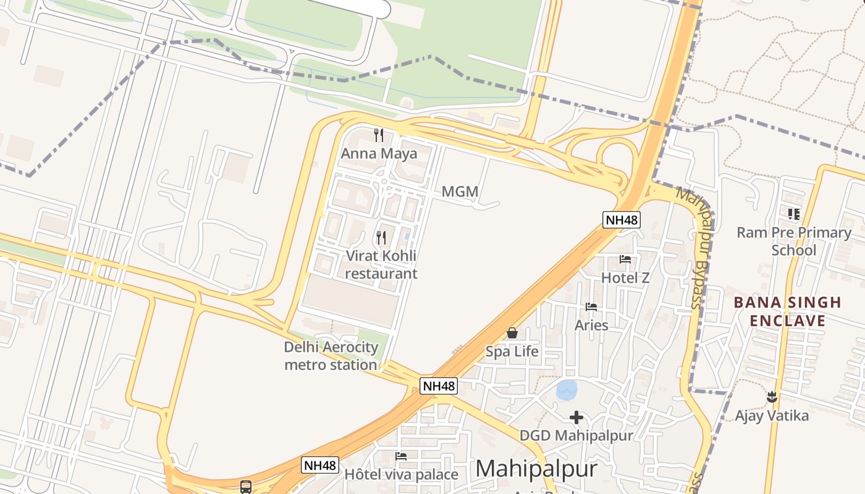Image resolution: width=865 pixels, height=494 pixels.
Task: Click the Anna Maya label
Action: click(379, 153)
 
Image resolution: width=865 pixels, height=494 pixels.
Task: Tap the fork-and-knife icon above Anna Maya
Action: click(379, 135)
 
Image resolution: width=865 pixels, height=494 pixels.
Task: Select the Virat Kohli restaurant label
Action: click(381, 264)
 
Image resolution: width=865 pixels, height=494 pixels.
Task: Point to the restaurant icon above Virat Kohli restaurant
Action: click(381, 237)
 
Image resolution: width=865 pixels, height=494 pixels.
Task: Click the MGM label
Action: click(460, 192)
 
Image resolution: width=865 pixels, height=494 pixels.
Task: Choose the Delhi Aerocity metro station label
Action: click(331, 356)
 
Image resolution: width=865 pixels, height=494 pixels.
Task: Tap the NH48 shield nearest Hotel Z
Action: click(622, 219)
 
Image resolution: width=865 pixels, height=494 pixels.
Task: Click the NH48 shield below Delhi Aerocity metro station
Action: click(439, 386)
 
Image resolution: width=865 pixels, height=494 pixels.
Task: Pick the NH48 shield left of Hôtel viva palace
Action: click(320, 465)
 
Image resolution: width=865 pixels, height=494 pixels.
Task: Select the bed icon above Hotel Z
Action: click(625, 259)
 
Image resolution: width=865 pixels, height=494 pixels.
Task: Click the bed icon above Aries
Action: click(591, 306)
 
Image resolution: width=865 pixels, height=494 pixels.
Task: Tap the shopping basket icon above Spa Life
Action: click(512, 333)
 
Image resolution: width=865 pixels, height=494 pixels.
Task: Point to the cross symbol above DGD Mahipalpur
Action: click(576, 417)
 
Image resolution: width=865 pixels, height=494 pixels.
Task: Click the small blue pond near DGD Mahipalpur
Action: click(567, 390)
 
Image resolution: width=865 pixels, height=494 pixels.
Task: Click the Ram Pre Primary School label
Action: click(793, 241)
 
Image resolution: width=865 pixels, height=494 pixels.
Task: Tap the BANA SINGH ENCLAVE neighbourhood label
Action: click(787, 311)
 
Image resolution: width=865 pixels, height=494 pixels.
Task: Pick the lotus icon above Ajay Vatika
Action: click(771, 396)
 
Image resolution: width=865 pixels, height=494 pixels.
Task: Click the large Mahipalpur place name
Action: click(536, 469)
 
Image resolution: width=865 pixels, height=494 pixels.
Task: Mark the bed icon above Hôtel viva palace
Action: click(401, 456)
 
